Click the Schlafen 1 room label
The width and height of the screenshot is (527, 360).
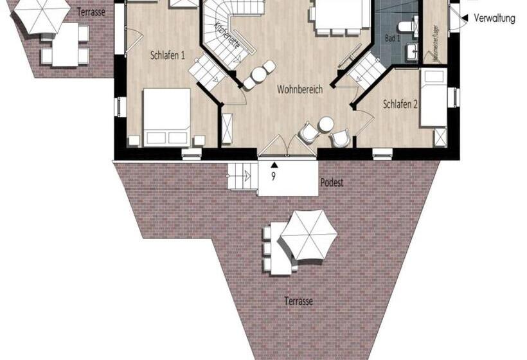tap(168, 55)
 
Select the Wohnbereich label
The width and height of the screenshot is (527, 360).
tap(299, 90)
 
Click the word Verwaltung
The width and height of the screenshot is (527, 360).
tap(494, 19)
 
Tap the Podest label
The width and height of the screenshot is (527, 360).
tap(332, 183)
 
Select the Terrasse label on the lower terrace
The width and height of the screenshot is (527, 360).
tap(299, 301)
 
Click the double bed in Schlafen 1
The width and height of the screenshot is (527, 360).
tap(166, 117)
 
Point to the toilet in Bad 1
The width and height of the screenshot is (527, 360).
tap(406, 26)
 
